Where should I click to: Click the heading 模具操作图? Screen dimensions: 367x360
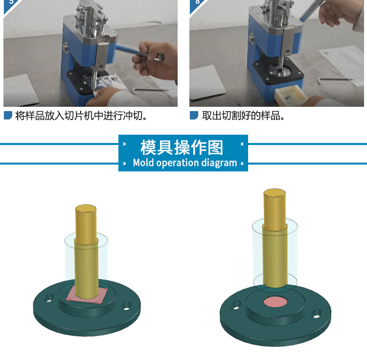[x=182, y=147]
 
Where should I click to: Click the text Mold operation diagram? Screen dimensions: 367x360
[x=185, y=163]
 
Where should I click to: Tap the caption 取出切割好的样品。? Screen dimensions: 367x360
[x=243, y=116]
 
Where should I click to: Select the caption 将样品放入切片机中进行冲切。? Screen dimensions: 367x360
[x=81, y=116]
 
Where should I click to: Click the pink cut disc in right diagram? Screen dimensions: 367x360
[x=275, y=302]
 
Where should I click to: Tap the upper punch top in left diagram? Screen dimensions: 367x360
[x=86, y=208]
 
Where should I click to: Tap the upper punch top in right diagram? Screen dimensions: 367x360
[x=275, y=192]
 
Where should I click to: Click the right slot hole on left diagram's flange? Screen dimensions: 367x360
[x=127, y=306]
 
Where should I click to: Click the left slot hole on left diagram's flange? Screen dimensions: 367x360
[x=49, y=298]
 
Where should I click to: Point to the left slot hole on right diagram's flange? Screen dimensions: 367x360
[x=236, y=305]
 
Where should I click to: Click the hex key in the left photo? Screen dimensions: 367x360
[x=150, y=90]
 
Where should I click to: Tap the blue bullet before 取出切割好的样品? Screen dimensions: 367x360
[x=194, y=115]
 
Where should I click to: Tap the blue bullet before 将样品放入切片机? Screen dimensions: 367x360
[x=8, y=115]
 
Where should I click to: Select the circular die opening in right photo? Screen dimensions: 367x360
[x=280, y=70]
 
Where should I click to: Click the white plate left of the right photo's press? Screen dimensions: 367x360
[x=207, y=82]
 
